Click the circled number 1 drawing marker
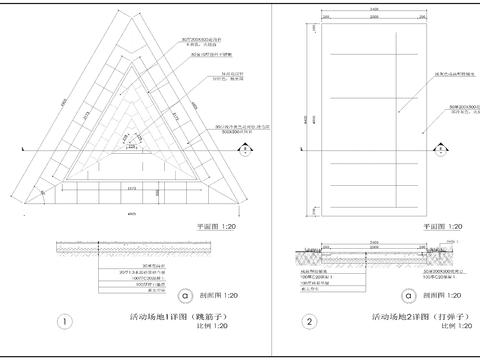coord(64,322)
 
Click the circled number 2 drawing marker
coord(310,322)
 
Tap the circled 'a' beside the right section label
coord(405,297)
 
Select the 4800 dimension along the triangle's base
coord(130,214)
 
